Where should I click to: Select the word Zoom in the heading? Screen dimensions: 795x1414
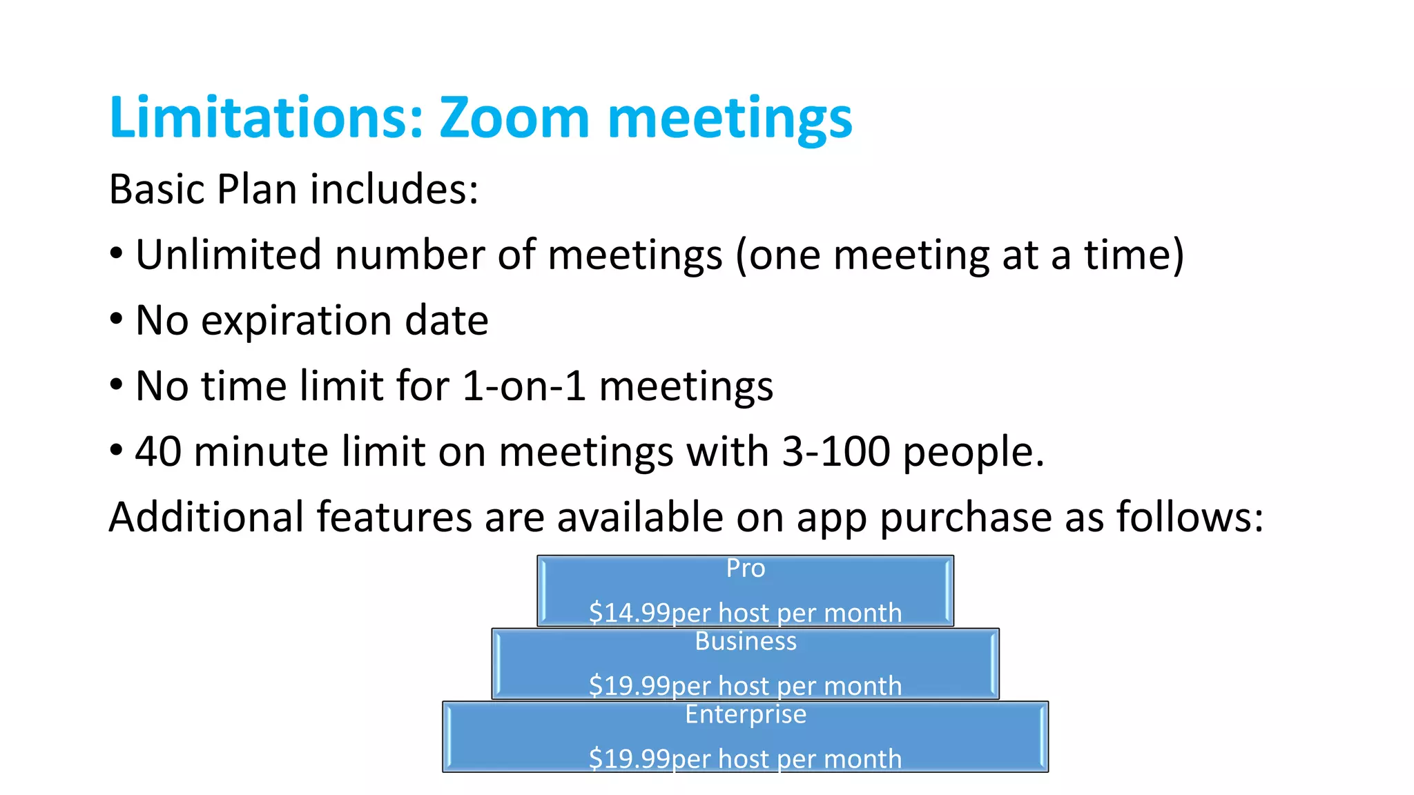[x=514, y=117]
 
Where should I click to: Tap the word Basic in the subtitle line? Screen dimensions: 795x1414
[x=157, y=189]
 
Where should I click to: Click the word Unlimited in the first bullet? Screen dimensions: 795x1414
[x=228, y=254]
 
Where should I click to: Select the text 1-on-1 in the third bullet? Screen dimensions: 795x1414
[x=524, y=385]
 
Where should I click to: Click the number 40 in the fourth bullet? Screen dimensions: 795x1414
[x=157, y=451]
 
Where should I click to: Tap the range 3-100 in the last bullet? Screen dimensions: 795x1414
[x=835, y=451]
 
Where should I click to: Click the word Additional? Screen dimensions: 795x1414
[x=206, y=517]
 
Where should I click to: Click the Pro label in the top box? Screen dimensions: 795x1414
[x=746, y=568]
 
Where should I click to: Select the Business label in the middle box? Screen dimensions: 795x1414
[x=746, y=641]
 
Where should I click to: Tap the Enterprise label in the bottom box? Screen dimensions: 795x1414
[x=746, y=714]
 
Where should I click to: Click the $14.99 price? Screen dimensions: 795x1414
[x=629, y=613]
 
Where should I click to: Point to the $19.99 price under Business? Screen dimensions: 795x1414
[x=629, y=686]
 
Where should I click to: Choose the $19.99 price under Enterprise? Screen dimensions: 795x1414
[x=629, y=758]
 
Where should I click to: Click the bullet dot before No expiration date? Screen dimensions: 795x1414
[x=117, y=320]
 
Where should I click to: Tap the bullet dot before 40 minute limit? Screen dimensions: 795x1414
[x=117, y=451]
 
